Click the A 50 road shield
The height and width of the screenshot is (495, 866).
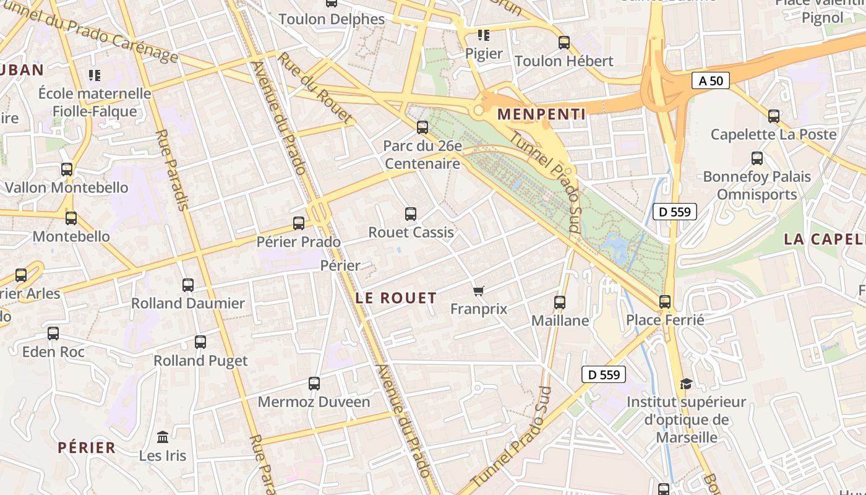coord(710,80)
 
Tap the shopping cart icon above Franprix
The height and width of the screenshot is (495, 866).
coord(478,290)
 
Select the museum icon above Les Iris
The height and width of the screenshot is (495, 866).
coord(163,437)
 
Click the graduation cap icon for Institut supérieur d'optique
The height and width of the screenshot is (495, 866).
coord(686,384)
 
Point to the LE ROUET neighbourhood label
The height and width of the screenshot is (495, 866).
coord(396,298)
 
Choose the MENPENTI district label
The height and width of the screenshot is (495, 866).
coord(541,114)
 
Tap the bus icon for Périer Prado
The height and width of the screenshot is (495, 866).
coord(299,223)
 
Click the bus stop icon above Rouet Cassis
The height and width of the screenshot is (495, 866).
coord(410,214)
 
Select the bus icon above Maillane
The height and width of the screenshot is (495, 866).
coord(560,302)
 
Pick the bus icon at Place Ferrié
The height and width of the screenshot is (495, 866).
coord(665,301)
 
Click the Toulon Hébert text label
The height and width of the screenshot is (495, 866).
coord(564,61)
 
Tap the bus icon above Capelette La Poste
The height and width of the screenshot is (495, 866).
coord(773,116)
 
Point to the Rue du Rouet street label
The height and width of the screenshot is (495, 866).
coord(315,87)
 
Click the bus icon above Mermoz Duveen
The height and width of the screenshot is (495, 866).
coord(314,384)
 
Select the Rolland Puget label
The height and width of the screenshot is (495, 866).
coord(200,361)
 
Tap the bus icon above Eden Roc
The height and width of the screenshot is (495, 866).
coord(53,334)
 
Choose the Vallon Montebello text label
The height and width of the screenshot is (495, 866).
coord(66,187)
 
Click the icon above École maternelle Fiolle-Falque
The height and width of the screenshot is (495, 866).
coord(95,75)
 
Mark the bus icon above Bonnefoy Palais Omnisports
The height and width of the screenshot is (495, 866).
coord(757,158)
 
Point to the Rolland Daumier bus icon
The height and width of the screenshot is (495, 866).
coord(188,285)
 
